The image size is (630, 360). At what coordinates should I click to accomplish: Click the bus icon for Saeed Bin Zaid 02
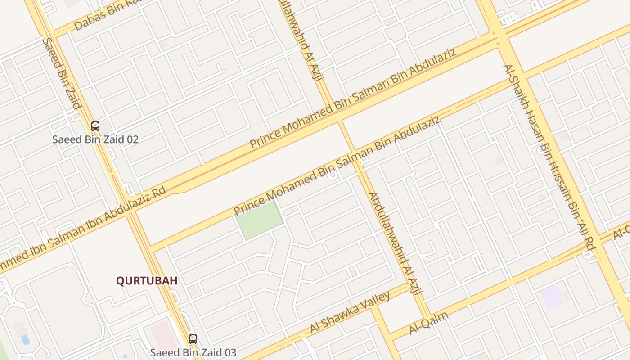coord(95,126)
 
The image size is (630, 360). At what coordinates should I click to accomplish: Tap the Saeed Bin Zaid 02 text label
coord(95,139)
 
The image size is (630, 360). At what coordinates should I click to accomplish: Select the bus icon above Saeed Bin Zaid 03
coord(193,339)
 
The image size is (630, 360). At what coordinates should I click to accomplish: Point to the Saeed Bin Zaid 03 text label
coord(193,352)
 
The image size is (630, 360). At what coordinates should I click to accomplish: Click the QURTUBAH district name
coord(147,281)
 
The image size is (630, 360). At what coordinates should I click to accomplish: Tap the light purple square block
coord(552,297)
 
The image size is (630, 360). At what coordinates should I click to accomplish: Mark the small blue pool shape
coord(25,339)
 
